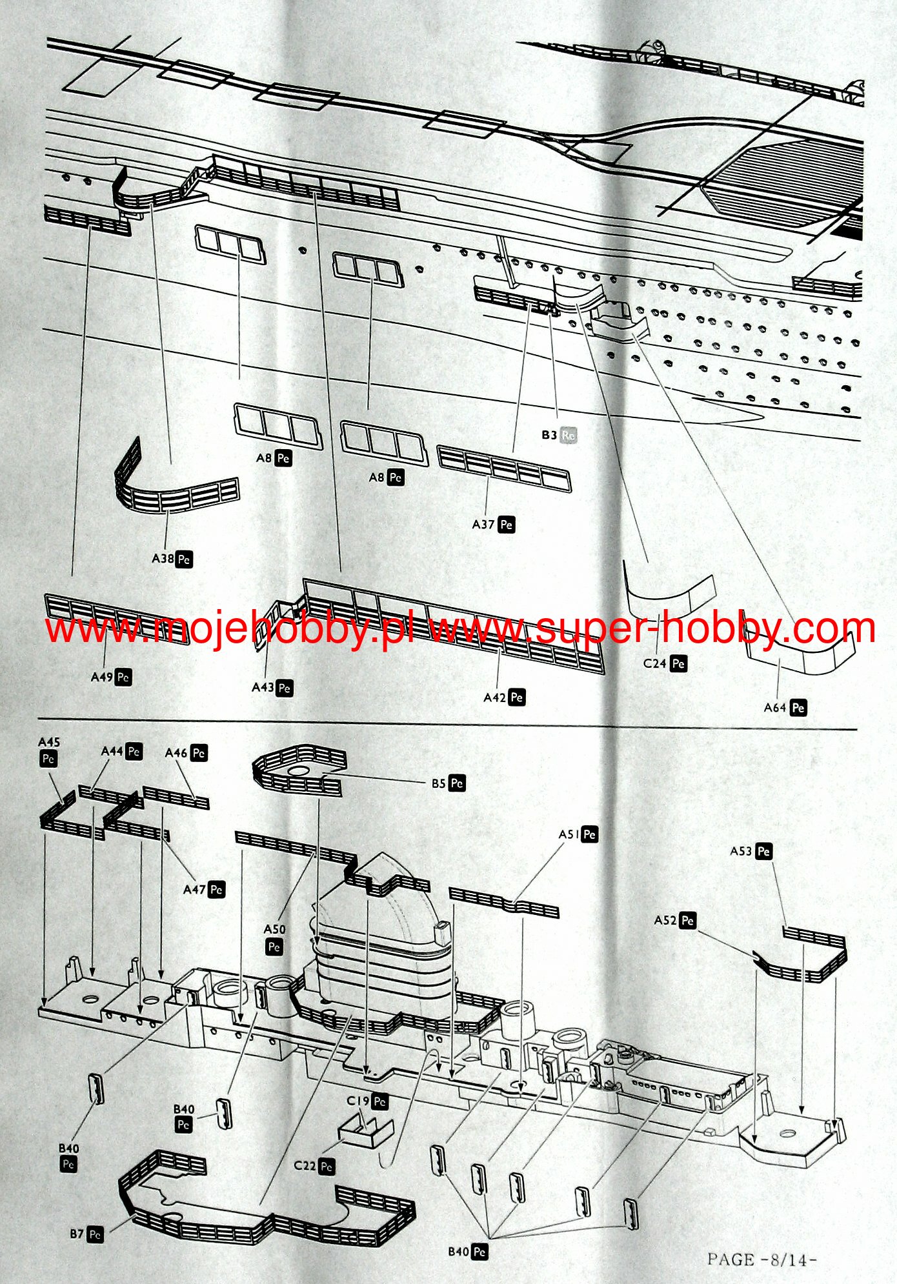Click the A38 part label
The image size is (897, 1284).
[172, 559]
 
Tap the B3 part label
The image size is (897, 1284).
[558, 436]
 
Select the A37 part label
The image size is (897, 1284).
[493, 525]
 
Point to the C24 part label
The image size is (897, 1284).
[664, 663]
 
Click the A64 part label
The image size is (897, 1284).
[785, 708]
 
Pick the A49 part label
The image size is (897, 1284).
[111, 677]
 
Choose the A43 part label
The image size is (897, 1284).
[272, 688]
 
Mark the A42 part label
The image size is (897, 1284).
[504, 697]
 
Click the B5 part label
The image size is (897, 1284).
[448, 783]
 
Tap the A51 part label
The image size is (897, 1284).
[578, 834]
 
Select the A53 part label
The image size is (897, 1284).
[751, 851]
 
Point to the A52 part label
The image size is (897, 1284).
[675, 920]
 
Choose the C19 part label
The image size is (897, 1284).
[367, 1101]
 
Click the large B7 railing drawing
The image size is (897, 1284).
[265, 1200]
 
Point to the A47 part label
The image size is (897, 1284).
[203, 889]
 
